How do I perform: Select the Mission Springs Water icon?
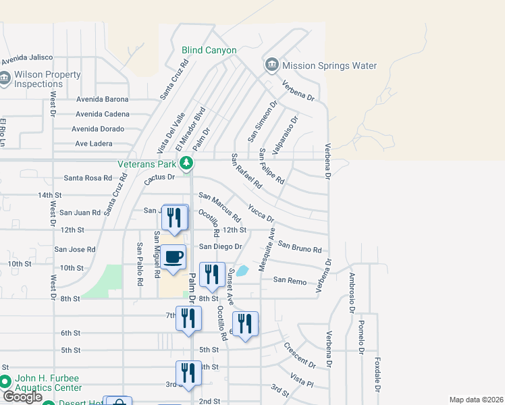coord(272,65)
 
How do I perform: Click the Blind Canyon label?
coord(209,50)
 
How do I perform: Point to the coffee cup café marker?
coord(174,257)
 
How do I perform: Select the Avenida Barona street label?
coord(102,99)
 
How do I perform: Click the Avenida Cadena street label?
coord(102,114)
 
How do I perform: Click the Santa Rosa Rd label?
coord(87,178)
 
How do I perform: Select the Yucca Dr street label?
coord(261,213)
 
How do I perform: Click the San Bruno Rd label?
coord(300,248)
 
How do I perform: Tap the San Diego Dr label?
coord(221,246)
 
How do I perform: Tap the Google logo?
coord(22,397)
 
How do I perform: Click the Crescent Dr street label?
coord(300,355)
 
